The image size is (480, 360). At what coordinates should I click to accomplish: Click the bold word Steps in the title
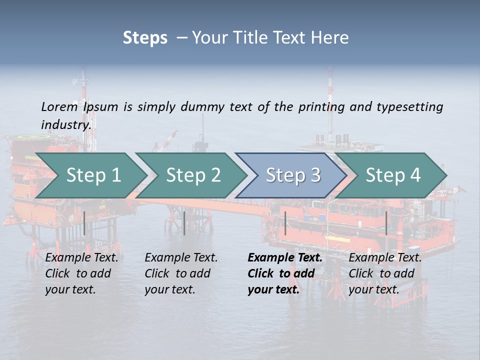click(x=145, y=37)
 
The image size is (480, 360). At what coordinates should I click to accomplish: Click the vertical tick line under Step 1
click(x=84, y=223)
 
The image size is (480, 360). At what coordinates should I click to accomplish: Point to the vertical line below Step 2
click(x=184, y=223)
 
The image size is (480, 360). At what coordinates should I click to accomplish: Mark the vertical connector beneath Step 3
click(x=285, y=223)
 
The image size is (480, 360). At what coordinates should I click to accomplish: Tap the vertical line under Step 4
click(x=386, y=223)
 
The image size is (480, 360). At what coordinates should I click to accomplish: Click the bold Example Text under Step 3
click(x=285, y=273)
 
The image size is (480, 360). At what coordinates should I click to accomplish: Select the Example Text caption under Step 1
click(x=81, y=273)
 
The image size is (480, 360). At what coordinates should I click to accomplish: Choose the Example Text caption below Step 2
click(x=181, y=273)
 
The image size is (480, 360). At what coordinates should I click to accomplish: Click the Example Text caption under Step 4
click(x=385, y=273)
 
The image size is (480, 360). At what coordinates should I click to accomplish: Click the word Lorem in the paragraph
click(x=59, y=107)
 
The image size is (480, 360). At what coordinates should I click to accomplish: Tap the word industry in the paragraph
click(x=65, y=125)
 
